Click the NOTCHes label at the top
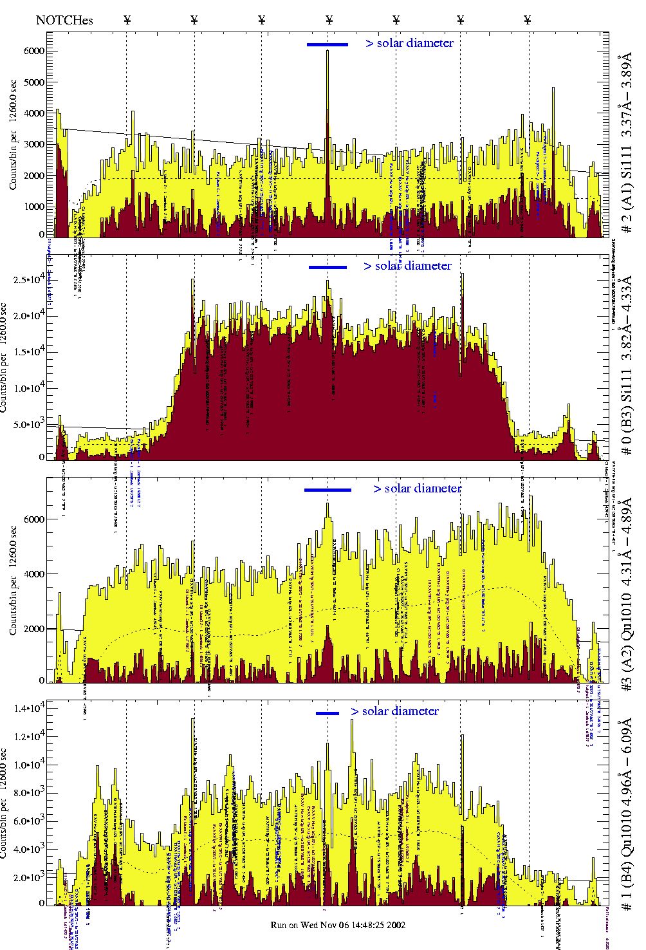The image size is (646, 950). [x=64, y=20]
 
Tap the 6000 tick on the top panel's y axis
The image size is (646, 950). [x=34, y=51]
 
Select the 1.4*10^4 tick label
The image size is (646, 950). [x=28, y=709]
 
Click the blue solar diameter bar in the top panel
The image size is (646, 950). [x=328, y=44]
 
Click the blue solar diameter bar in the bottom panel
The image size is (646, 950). [x=328, y=713]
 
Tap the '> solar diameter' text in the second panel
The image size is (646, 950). [x=407, y=266]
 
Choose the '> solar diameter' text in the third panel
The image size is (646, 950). [x=417, y=489]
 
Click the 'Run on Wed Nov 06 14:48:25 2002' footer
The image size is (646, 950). [x=338, y=925]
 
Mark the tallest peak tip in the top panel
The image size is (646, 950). [x=328, y=51]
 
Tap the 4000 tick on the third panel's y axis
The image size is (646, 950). [x=34, y=574]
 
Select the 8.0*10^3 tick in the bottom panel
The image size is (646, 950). [x=28, y=793]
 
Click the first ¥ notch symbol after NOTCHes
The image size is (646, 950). [x=127, y=20]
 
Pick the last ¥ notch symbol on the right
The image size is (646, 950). [x=528, y=20]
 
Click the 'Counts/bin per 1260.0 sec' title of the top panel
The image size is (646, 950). [x=13, y=135]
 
